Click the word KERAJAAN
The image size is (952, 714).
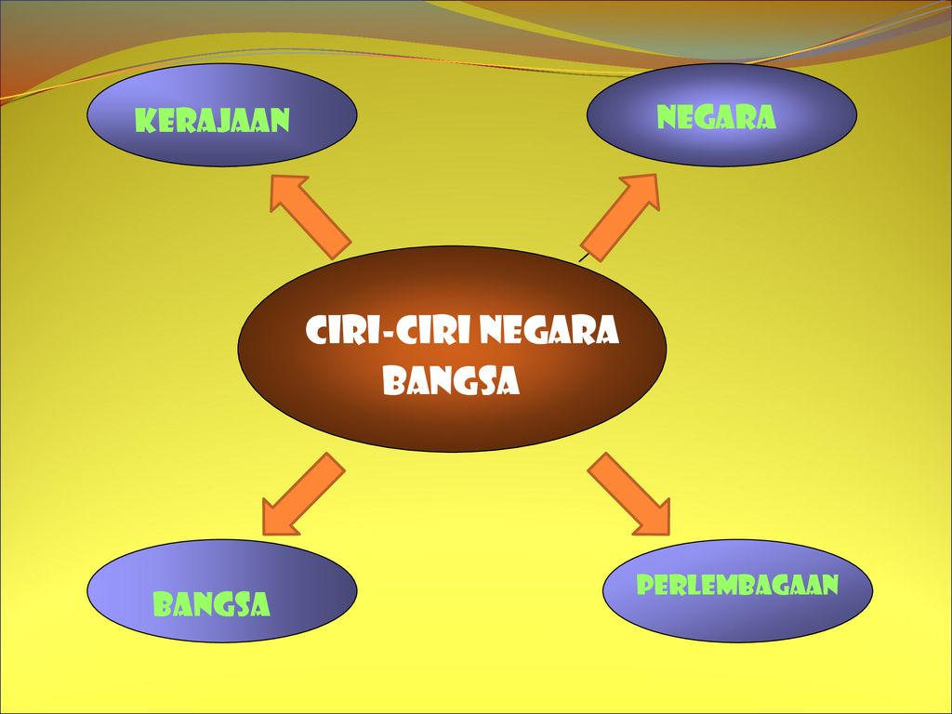[212, 121]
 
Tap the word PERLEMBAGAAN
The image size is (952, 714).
[737, 585]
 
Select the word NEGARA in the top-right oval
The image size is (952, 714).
[716, 117]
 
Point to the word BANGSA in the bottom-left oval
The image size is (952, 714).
[211, 605]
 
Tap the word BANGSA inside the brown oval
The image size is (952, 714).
[451, 381]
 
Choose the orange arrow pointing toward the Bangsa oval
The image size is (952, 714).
[302, 494]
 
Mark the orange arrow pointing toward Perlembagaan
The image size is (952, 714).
[629, 494]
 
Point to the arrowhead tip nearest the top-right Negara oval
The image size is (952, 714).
[656, 177]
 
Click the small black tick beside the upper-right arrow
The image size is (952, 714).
[584, 256]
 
